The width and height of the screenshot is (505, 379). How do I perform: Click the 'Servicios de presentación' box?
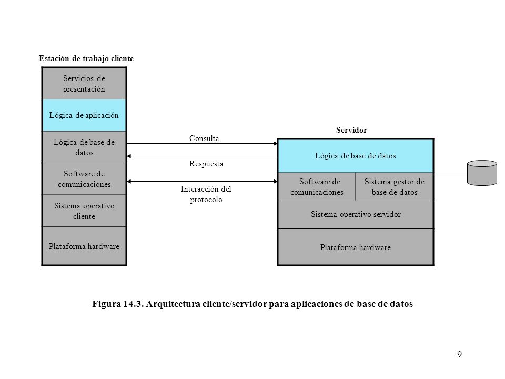point(84,83)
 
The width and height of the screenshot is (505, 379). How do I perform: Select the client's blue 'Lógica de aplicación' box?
point(84,115)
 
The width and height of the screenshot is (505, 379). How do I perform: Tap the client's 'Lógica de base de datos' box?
point(84,147)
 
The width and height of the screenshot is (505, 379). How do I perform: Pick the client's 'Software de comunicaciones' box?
point(84,179)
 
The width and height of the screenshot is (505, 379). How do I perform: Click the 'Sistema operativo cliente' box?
point(84,211)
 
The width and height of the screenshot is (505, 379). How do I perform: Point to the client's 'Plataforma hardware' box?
point(84,246)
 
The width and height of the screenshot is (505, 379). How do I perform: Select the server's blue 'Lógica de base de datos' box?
point(356,156)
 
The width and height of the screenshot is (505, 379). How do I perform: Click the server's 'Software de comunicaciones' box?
point(317,186)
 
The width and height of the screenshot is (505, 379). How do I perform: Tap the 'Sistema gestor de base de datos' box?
point(395,186)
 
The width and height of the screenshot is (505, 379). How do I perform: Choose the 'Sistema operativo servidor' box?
point(356,214)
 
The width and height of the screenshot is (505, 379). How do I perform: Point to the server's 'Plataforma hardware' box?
point(356,247)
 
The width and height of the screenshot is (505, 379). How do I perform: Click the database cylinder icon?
point(482,173)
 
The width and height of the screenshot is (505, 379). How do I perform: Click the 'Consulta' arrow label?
point(204,138)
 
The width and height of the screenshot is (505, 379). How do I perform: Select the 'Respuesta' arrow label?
point(206,164)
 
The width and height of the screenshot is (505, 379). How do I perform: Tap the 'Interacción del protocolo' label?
point(206,194)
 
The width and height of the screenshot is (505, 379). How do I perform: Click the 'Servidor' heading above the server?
point(351,130)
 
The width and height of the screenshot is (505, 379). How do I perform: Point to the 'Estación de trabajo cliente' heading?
point(86,58)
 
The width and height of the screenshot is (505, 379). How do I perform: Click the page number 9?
point(459,354)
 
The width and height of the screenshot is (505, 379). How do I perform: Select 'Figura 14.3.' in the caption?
point(118,304)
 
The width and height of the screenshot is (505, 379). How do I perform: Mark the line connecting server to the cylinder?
point(451,173)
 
